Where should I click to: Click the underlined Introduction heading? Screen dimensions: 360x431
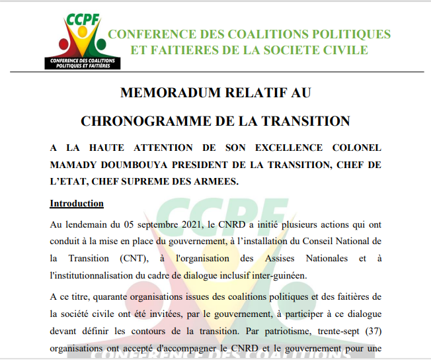[77, 203]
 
